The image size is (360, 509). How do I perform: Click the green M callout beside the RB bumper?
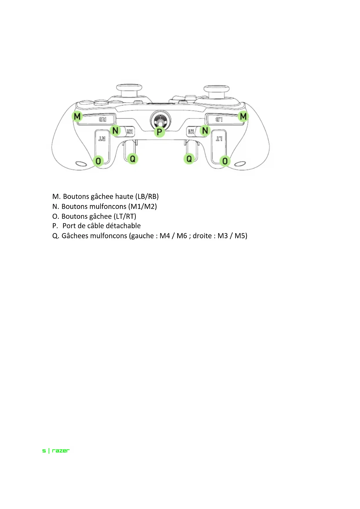(77, 117)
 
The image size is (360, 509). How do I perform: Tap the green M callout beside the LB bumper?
(243, 117)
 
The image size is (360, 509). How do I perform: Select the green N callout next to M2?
(115, 131)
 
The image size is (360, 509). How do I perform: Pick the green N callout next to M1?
(205, 131)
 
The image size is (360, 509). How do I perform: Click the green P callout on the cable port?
(159, 132)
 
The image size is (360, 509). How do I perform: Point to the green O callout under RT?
(98, 161)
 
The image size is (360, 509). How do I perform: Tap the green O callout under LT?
(225, 161)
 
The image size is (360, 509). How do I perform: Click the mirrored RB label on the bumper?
(103, 119)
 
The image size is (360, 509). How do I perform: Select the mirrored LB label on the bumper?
(219, 119)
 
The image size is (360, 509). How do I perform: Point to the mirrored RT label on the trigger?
(102, 139)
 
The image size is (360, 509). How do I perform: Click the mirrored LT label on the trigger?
(219, 139)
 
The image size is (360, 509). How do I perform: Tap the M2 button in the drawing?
(130, 131)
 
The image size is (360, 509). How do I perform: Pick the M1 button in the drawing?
(191, 131)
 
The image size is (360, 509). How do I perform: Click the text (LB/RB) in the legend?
(147, 196)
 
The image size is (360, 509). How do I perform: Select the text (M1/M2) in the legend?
(142, 206)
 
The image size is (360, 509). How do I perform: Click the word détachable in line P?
(123, 226)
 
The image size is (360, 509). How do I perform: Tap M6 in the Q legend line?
(182, 236)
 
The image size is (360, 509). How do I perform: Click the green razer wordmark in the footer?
(61, 451)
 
